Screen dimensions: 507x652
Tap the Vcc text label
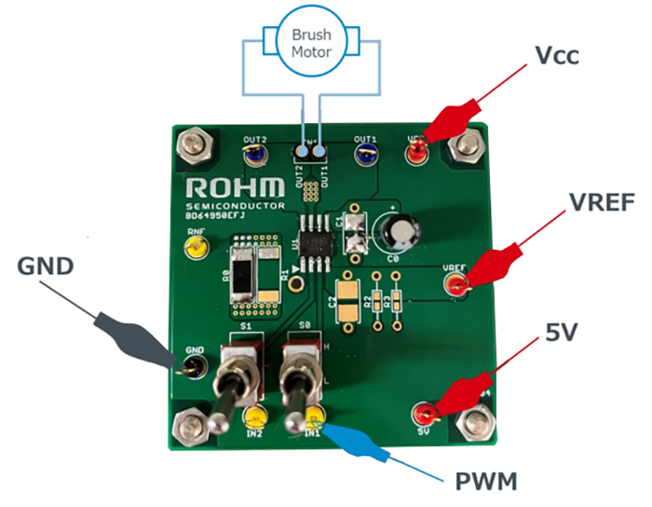pyautogui.click(x=558, y=56)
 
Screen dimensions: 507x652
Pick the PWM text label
pyautogui.click(x=485, y=482)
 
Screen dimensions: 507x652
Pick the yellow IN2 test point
pyautogui.click(x=255, y=418)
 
